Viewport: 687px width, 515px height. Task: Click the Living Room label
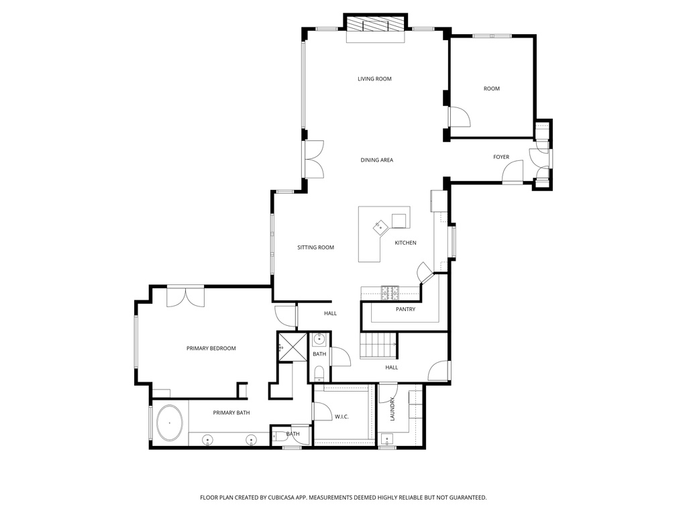tap(374, 79)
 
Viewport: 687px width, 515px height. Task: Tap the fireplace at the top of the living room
tap(376, 25)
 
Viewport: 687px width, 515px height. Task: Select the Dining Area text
tap(376, 160)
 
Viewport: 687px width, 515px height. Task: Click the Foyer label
tap(501, 158)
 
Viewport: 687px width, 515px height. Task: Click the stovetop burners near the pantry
tap(390, 292)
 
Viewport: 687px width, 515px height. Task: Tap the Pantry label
tap(405, 309)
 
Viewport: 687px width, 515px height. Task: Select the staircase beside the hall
tap(379, 347)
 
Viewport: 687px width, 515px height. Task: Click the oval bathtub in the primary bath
tap(170, 423)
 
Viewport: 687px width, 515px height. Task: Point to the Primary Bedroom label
tap(211, 349)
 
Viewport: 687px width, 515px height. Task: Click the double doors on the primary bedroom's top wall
tap(185, 296)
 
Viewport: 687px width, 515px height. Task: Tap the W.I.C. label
tap(341, 417)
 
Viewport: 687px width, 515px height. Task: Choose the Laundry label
tap(393, 408)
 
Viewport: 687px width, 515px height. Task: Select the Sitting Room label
tap(315, 248)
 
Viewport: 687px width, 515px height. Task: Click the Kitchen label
tap(405, 243)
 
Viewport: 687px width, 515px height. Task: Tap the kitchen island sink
tap(381, 227)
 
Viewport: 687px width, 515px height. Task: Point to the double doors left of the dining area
tap(313, 160)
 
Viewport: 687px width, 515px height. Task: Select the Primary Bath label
tap(231, 413)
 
